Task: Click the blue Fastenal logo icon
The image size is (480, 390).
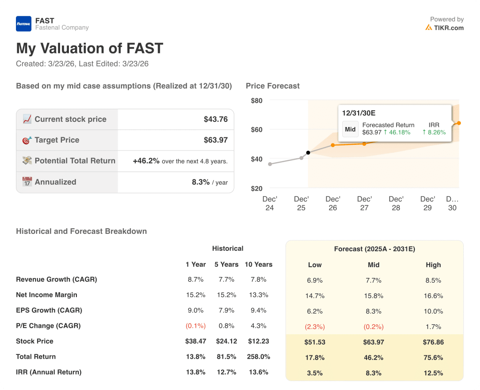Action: [x=23, y=24]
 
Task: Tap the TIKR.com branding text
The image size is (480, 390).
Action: [x=448, y=28]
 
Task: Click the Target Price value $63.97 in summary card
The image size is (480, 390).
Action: [x=216, y=140]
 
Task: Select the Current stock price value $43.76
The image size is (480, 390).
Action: [x=216, y=120]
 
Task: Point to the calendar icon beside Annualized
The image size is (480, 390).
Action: [x=27, y=182]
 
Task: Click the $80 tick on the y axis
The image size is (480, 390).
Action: [x=256, y=100]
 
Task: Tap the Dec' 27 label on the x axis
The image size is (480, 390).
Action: [x=364, y=203]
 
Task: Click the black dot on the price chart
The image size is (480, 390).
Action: [x=308, y=153]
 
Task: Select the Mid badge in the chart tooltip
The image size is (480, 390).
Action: [x=350, y=129]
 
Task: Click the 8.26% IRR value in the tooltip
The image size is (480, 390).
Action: [x=434, y=132]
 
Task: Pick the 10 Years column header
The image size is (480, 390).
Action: [x=258, y=264]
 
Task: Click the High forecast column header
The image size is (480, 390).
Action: [x=433, y=265]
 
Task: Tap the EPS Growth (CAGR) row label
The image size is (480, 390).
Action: [x=49, y=310]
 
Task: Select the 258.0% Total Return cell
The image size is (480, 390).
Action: [x=258, y=357]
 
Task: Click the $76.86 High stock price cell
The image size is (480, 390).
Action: [x=433, y=342]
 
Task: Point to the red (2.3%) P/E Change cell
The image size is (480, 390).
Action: [x=315, y=327]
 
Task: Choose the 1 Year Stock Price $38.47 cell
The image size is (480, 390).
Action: [x=195, y=341]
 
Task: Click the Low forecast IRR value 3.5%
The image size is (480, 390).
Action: [x=315, y=373]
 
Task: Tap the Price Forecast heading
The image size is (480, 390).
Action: [x=272, y=86]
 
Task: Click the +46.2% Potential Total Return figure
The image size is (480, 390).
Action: [x=146, y=161]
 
